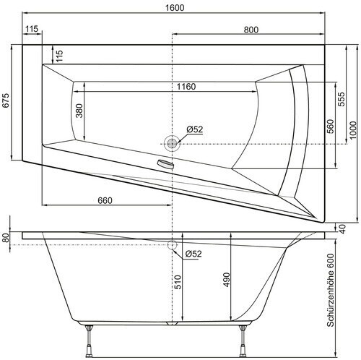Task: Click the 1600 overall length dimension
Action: pos(175,8)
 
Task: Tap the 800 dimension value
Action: pos(251,30)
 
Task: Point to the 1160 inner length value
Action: pos(186,87)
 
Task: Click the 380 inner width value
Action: pos(79,111)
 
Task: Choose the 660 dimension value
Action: pos(105,200)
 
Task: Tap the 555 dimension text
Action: pos(342,99)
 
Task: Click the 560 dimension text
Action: pos(331,127)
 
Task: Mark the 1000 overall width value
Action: pos(353,130)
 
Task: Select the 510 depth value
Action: pos(178,282)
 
